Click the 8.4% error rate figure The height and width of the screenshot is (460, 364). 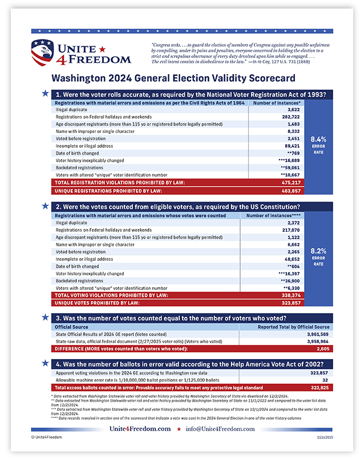tap(318, 138)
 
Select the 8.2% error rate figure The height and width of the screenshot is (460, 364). tap(318, 250)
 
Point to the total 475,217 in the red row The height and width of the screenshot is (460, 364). tap(289, 183)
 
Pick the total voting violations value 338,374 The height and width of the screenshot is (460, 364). tap(289, 296)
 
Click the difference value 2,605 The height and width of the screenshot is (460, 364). tap(322, 348)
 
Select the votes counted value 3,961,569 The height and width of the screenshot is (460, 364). tap(316, 334)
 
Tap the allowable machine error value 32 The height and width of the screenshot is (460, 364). tap(325, 380)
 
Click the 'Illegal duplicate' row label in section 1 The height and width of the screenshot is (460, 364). tap(71, 109)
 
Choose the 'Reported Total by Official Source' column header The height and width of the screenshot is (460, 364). tap(293, 327)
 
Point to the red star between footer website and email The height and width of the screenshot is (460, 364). tap(179, 429)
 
